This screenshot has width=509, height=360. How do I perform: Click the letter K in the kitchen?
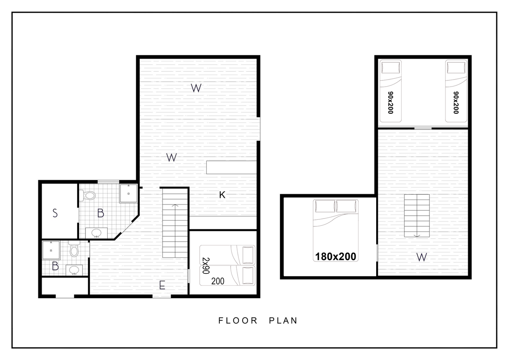222,195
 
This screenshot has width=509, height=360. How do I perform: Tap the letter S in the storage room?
55,213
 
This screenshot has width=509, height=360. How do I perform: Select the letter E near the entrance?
162,285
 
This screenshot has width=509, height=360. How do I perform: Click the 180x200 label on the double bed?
336,256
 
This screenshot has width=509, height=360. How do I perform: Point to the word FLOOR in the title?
238,320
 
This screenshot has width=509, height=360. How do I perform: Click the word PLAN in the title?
283,320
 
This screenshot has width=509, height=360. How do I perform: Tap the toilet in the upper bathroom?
87,195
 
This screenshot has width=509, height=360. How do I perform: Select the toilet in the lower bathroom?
74,249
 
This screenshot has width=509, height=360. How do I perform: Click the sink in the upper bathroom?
97,233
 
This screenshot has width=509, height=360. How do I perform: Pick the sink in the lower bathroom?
74,270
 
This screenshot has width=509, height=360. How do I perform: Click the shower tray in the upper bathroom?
129,193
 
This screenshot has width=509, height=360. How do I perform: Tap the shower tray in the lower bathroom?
51,250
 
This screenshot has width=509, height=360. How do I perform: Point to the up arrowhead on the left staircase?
175,205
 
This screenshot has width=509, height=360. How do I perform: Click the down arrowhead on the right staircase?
417,236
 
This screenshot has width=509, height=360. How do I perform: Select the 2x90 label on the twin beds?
206,266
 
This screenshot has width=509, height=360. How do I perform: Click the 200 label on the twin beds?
218,281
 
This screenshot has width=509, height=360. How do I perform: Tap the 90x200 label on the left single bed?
390,102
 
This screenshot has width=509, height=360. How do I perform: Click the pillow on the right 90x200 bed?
456,68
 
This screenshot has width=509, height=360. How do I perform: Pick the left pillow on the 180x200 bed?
325,206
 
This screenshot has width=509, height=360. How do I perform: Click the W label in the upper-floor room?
422,257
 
